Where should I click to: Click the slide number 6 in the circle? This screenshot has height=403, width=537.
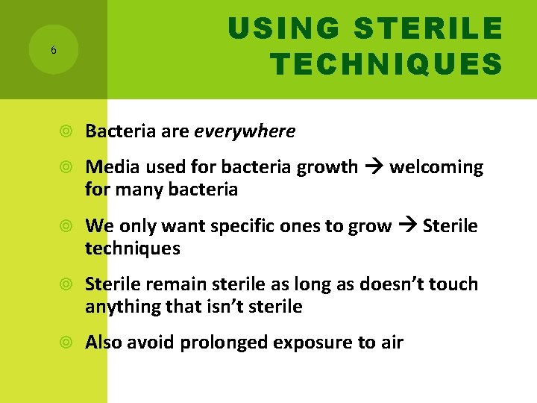53,50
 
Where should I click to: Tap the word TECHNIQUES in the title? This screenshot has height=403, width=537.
386,65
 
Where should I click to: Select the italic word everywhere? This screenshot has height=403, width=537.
245,132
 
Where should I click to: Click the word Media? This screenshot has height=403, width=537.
108,167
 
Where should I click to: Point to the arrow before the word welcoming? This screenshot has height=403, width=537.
374,167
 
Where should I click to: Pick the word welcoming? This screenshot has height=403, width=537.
436,167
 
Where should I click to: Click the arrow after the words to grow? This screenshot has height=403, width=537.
407,226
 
